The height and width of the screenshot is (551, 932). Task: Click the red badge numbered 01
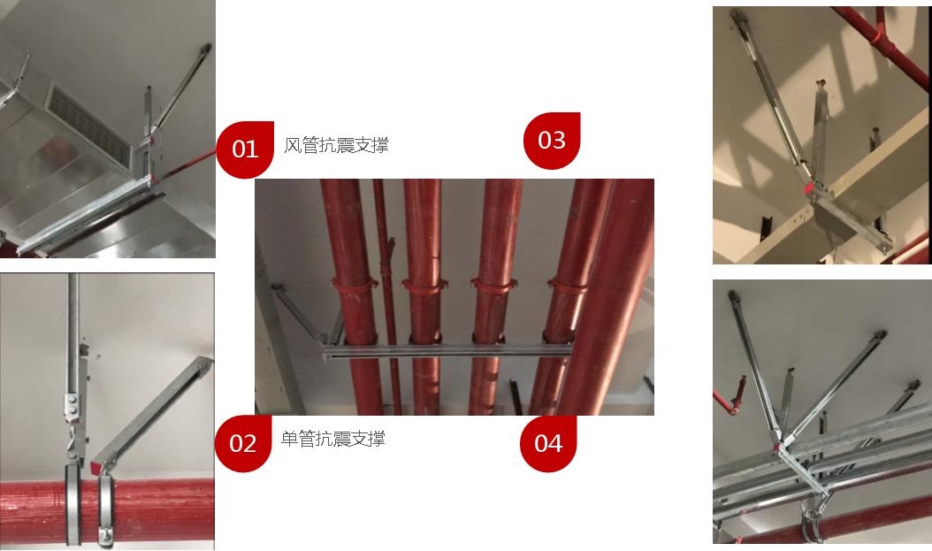tap(245, 149)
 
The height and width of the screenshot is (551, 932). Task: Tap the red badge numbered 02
tap(242, 443)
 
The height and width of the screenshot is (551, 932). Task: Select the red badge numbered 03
tap(552, 141)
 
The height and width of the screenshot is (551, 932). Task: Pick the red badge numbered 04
tap(548, 443)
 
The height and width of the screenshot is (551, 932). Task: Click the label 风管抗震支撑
tap(336, 145)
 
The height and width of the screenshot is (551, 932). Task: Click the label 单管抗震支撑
tap(332, 439)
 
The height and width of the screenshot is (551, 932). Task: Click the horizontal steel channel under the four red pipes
tap(447, 351)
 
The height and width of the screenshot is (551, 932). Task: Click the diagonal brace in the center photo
tap(299, 315)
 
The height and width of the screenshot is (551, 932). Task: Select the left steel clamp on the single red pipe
tap(73, 504)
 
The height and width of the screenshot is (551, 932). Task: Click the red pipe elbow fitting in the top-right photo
tap(878, 39)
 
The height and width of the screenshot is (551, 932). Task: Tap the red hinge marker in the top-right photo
tap(809, 189)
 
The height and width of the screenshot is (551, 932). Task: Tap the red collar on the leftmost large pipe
tap(355, 285)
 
